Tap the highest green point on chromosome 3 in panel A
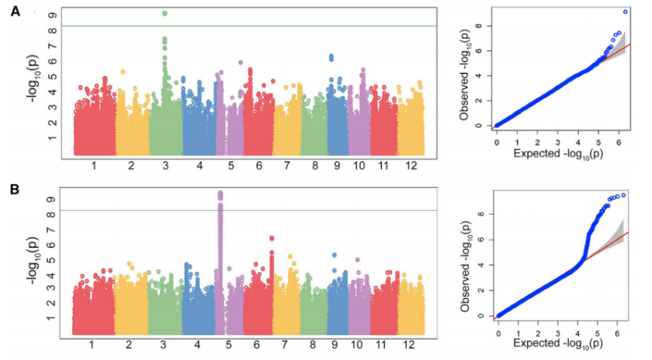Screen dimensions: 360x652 (164, 13)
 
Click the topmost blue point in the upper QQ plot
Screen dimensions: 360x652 (625, 12)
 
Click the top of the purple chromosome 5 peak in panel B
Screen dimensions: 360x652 (220, 193)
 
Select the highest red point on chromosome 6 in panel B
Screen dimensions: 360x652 (272, 238)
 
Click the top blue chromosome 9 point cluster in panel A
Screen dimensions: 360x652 (331, 57)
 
